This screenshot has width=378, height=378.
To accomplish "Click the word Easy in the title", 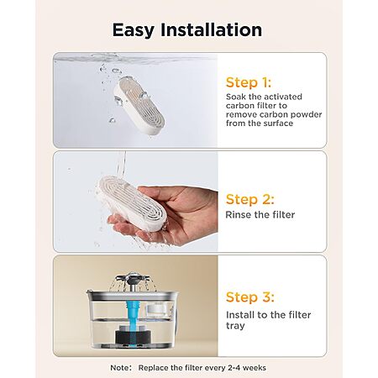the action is pyautogui.click(x=133, y=30).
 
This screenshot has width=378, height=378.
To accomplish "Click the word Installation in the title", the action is pyautogui.click(x=212, y=29).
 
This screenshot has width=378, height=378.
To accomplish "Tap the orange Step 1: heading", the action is pyautogui.click(x=249, y=82).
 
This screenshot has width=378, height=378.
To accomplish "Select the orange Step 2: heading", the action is pyautogui.click(x=249, y=199).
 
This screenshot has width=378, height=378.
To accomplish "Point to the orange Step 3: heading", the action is pyautogui.click(x=249, y=297).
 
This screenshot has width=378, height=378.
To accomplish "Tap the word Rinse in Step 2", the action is pyautogui.click(x=239, y=215).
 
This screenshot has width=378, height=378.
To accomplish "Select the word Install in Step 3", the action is pyautogui.click(x=241, y=315).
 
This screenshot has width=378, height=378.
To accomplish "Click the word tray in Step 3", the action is pyautogui.click(x=235, y=326).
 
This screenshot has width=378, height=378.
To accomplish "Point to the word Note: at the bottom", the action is pyautogui.click(x=121, y=368).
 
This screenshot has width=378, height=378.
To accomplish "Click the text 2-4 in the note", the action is pyautogui.click(x=233, y=368).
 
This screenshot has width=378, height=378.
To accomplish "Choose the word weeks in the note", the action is pyautogui.click(x=255, y=368).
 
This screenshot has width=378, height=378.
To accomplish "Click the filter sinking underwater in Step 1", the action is pyautogui.click(x=139, y=106).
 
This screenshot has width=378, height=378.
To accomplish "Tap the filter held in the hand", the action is pyautogui.click(x=132, y=203).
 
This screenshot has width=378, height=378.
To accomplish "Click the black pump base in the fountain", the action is pyautogui.click(x=133, y=336).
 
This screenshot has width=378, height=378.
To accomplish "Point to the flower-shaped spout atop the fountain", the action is pyautogui.click(x=133, y=279).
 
